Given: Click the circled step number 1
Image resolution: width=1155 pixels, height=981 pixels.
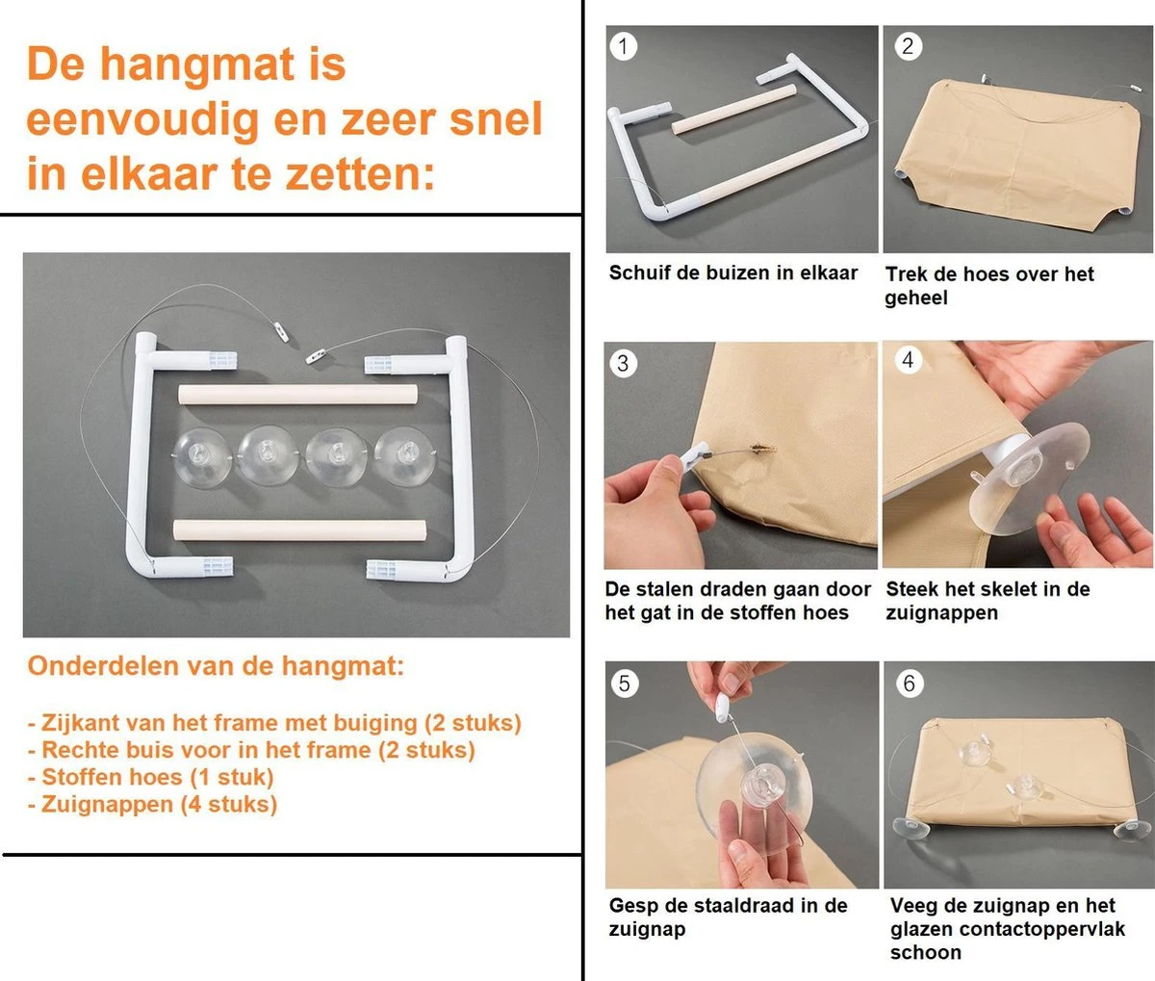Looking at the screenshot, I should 624,46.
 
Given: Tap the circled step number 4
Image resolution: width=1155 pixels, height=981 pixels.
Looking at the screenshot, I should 908,360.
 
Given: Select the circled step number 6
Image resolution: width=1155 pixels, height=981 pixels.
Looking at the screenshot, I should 909,684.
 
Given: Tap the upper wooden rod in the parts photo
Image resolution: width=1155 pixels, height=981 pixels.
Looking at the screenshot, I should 297,395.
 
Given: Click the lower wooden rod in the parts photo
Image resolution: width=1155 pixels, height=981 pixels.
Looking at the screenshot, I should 298,530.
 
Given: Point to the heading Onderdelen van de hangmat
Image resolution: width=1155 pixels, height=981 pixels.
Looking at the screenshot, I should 216,666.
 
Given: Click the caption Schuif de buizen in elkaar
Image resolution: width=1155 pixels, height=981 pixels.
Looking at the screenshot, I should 732,273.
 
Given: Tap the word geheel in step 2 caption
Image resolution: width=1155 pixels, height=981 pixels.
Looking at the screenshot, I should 916,298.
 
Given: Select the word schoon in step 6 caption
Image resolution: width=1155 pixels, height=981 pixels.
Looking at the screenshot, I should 925,953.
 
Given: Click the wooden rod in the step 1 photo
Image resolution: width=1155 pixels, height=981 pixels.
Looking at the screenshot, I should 733,109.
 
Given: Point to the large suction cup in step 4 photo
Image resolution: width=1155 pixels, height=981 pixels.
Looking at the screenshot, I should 1030,477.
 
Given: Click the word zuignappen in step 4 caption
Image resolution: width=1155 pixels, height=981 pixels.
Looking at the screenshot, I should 941,613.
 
